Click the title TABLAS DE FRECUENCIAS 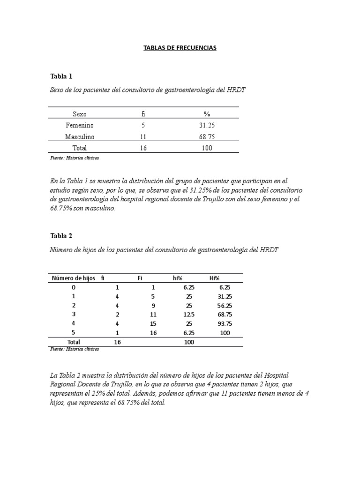pos(180,48)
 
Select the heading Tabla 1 pos(61,76)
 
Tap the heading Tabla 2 pos(61,235)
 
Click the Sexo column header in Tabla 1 pos(79,114)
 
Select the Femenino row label pos(79,126)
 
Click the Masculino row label pos(79,137)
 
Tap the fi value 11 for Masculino pos(143,137)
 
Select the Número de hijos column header pos(73,278)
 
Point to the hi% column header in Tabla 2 pos(178,278)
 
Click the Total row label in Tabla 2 pos(74,342)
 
